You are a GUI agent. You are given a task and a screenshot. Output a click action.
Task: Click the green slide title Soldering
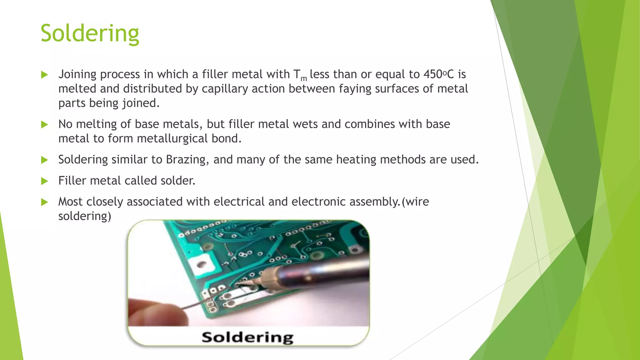click(x=90, y=33)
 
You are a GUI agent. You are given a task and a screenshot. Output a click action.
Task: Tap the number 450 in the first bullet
click(x=433, y=74)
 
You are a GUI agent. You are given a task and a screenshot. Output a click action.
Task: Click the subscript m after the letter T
click(x=303, y=78)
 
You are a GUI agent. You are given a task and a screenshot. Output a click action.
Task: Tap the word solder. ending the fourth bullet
click(x=178, y=181)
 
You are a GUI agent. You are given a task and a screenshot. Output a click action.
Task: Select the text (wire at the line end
click(x=415, y=202)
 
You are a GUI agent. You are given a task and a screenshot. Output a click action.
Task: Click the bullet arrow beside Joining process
click(x=45, y=75)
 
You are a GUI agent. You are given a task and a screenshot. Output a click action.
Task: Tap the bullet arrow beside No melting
click(x=45, y=125)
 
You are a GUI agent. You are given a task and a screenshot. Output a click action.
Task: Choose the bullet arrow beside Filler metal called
click(x=45, y=181)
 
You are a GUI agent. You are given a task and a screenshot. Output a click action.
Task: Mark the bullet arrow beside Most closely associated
click(x=45, y=202)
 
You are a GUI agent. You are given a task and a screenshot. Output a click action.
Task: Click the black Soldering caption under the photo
click(x=247, y=337)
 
